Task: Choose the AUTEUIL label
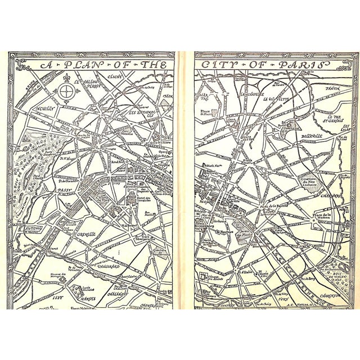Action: click(31, 228)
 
